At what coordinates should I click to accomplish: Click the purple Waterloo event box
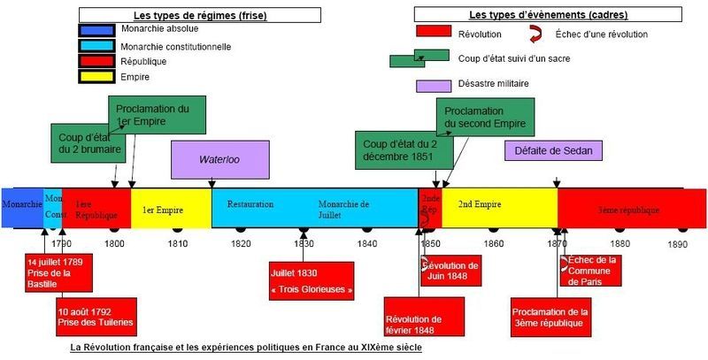click(x=219, y=160)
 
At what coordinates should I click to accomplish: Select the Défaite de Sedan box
click(x=553, y=150)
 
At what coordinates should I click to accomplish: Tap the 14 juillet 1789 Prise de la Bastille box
click(x=58, y=273)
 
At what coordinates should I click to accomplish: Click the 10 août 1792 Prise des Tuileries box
click(x=96, y=317)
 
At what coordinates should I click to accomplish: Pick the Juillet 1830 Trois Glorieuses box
click(x=312, y=280)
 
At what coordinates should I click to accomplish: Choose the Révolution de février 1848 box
click(x=424, y=317)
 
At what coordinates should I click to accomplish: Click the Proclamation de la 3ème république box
click(x=550, y=317)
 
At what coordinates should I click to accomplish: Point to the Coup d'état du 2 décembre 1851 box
click(x=404, y=150)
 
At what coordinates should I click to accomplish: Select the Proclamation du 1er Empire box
click(x=157, y=115)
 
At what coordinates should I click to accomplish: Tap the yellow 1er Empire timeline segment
click(x=171, y=208)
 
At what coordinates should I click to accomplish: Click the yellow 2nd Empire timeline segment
click(x=500, y=208)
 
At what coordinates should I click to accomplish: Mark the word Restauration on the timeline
click(x=250, y=204)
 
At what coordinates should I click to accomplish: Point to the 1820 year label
click(x=241, y=244)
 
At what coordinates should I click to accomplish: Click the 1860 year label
click(x=494, y=244)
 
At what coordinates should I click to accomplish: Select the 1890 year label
click(x=678, y=244)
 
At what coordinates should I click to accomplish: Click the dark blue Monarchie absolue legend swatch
click(x=96, y=30)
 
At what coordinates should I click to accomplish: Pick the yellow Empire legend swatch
click(x=96, y=76)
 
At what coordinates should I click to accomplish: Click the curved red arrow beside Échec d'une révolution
click(x=535, y=34)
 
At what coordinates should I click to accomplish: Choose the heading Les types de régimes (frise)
click(x=200, y=15)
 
